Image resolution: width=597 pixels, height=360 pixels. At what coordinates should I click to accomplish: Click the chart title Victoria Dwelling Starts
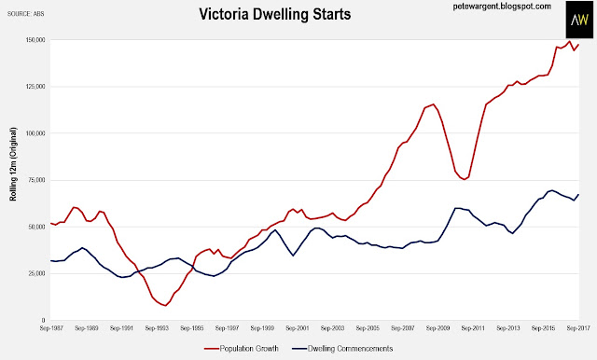pos(275,15)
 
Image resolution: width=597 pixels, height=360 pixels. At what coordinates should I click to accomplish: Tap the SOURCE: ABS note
pos(25,14)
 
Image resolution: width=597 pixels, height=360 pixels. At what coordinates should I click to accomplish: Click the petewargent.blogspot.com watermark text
pos(502,7)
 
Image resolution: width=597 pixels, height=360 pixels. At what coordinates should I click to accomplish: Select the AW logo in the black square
pos(579,20)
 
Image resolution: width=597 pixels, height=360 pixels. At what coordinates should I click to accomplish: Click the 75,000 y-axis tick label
pos(38,180)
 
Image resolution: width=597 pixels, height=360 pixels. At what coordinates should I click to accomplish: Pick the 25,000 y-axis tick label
pos(38,273)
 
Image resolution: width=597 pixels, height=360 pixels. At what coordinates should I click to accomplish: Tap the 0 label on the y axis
pos(44,321)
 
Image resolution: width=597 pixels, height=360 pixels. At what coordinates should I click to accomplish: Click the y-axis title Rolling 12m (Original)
pos(13,164)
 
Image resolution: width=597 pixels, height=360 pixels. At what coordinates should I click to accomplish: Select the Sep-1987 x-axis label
pos(51,328)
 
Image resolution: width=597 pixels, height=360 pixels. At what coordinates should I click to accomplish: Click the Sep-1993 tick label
pos(157,328)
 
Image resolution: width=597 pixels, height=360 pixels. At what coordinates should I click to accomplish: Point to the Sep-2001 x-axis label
pos(298,328)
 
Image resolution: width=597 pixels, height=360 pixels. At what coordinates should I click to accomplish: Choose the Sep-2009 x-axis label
pos(437,328)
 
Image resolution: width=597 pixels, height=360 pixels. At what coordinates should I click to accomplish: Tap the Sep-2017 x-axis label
pos(578,328)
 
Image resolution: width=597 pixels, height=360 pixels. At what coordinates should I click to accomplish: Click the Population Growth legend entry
pos(242,349)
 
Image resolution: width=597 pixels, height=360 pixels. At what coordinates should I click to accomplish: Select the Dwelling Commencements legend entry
pos(342,349)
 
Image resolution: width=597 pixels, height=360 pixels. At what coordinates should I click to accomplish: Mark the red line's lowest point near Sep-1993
pos(165,306)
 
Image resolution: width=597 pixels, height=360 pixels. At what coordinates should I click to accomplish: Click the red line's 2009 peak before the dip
pos(433,104)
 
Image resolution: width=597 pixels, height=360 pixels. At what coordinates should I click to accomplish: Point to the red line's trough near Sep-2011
pos(465,179)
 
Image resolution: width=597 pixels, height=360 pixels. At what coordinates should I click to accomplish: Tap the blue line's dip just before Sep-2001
pos(293,256)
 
